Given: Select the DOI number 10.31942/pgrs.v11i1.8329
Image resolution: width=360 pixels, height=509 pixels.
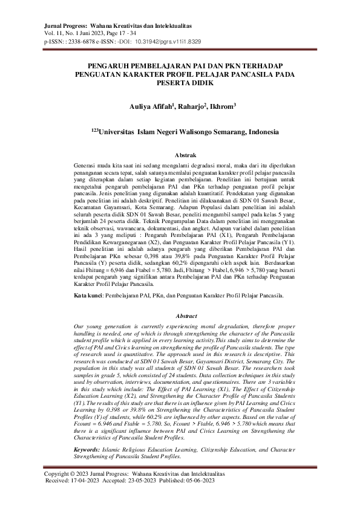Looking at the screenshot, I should tap(168, 43).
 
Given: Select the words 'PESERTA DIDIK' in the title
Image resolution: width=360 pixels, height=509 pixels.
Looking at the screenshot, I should tap(180, 84).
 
